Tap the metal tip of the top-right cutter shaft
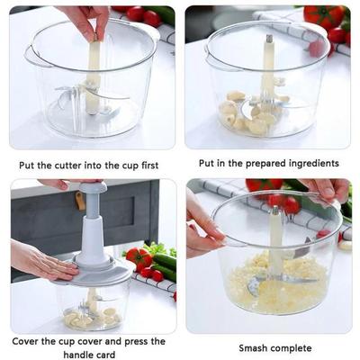click(267, 40)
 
